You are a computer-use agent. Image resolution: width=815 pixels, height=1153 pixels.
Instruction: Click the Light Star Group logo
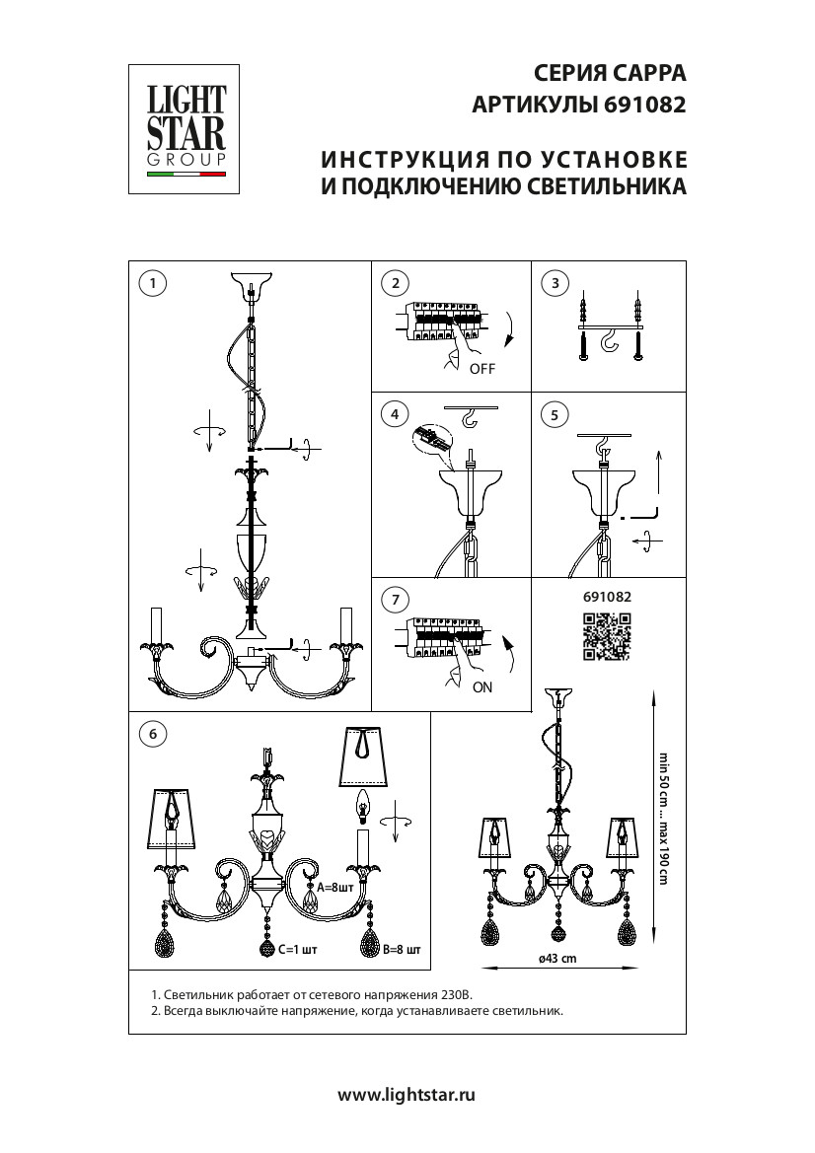tap(186, 128)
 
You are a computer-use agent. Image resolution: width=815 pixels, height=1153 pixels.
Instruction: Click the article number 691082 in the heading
tap(642, 105)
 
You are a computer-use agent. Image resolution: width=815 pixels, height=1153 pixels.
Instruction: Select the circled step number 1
tap(151, 283)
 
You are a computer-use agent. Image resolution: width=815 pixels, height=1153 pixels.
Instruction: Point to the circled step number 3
tap(556, 283)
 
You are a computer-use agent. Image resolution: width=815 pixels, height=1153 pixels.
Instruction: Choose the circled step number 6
tap(151, 734)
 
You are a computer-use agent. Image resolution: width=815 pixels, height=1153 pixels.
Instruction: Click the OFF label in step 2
tap(482, 369)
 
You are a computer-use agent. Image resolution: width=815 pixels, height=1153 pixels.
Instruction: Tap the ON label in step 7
tap(482, 687)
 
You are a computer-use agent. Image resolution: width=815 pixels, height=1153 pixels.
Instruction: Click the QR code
tap(606, 636)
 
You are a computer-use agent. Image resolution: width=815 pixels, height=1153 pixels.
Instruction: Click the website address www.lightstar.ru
tap(407, 1094)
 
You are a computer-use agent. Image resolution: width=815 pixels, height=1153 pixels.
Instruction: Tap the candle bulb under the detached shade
tap(361, 808)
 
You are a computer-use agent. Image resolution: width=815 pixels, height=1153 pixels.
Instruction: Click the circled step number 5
tap(556, 414)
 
